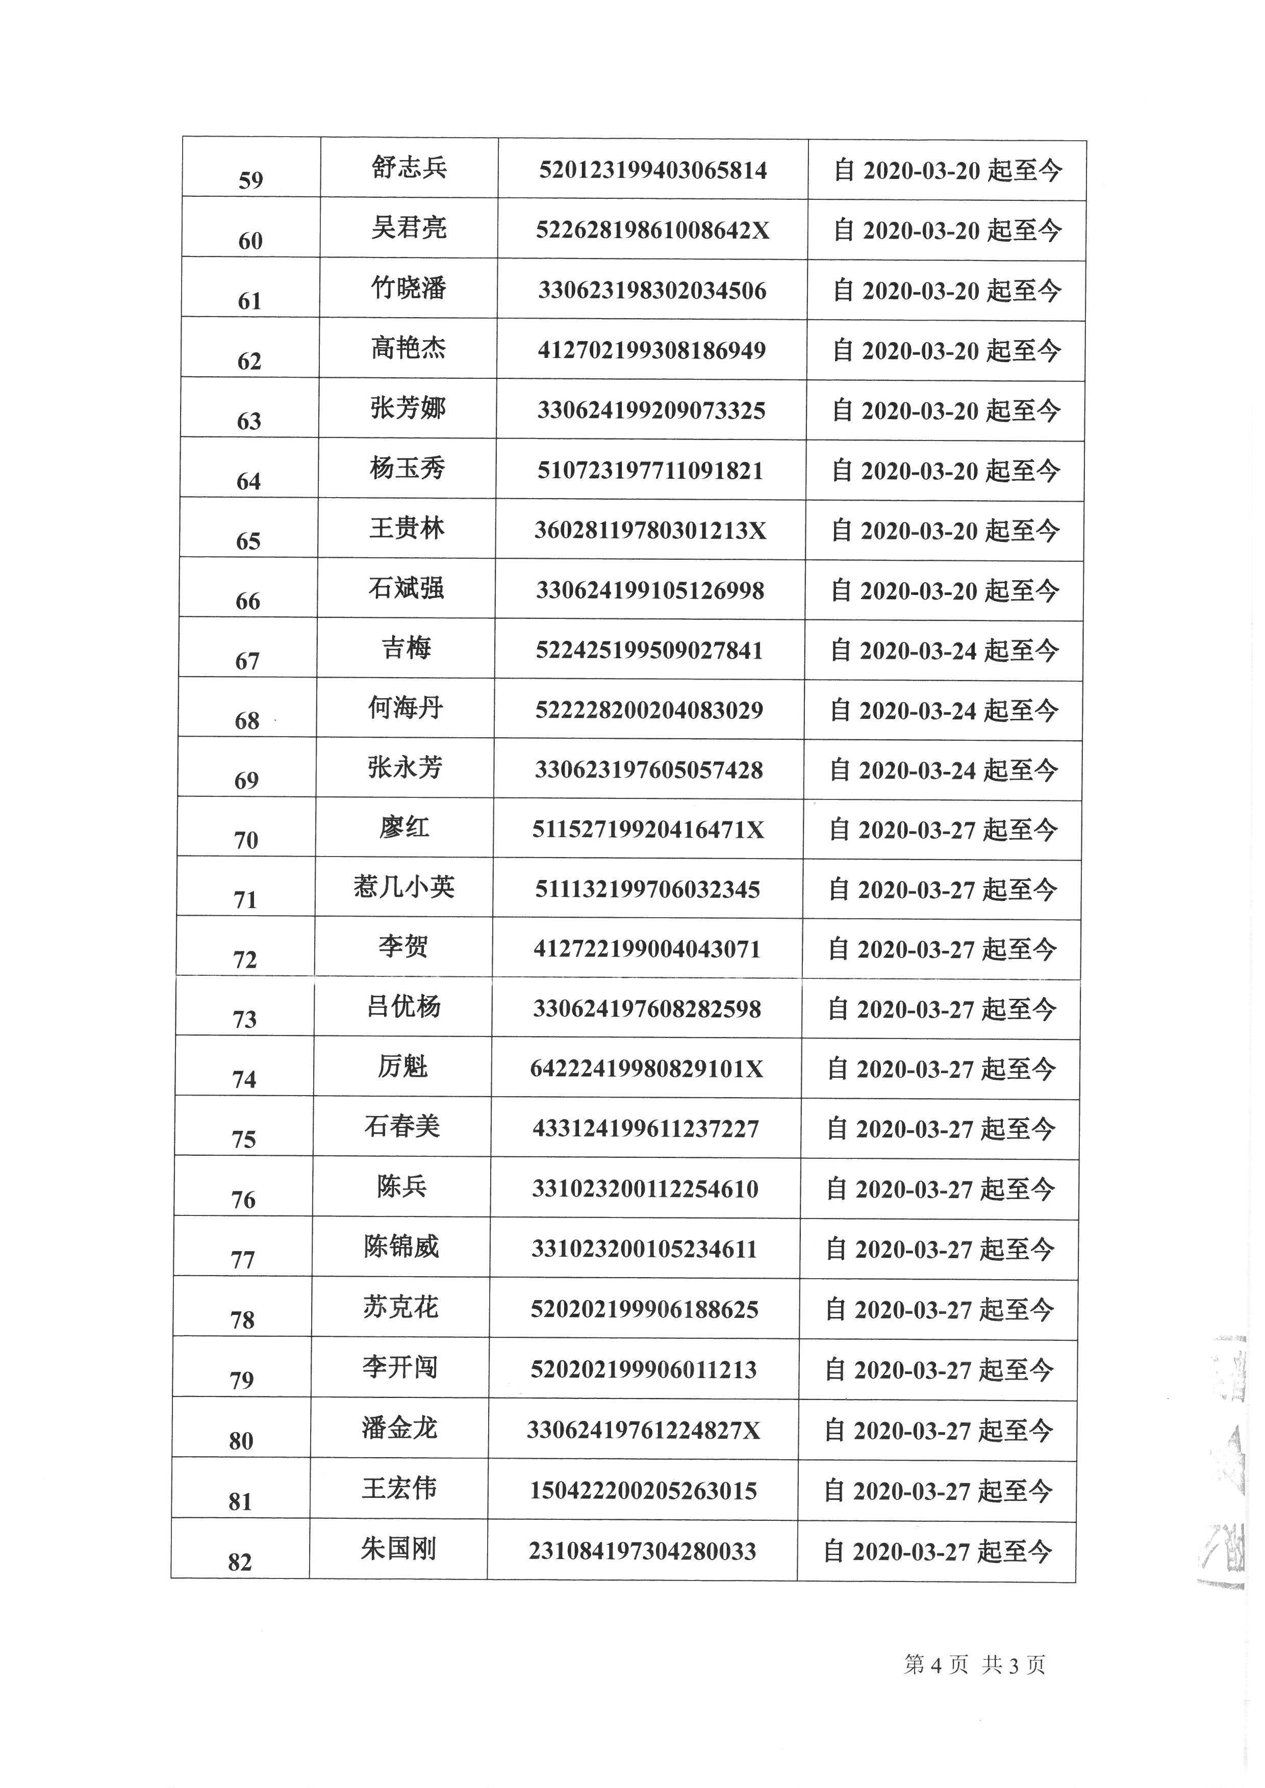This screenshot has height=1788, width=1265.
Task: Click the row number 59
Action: coord(251,180)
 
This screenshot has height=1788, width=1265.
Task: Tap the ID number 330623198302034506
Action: coord(652,291)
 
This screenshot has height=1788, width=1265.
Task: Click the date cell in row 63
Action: coord(946,411)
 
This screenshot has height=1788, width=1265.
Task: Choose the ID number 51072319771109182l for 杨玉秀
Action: coord(650,471)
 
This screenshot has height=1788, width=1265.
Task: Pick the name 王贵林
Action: coord(407,528)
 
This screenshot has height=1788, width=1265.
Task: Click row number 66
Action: coord(248,601)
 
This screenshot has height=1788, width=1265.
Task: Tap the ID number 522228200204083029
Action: coord(649,710)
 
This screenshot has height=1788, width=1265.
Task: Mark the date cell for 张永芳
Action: coord(943,771)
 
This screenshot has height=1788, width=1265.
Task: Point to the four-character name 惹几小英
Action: coord(403,887)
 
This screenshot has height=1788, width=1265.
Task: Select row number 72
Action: coord(245,960)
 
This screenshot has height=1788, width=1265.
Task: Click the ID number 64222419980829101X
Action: coord(646,1069)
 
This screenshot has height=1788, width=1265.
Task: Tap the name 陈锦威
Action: coord(401,1247)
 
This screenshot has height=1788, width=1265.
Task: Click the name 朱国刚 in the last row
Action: coord(398,1549)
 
